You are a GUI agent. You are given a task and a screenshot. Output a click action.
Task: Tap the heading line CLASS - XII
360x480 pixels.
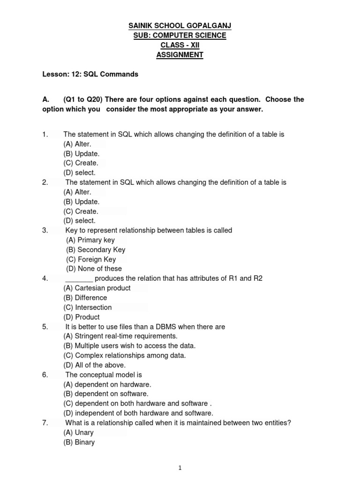[x=180, y=45]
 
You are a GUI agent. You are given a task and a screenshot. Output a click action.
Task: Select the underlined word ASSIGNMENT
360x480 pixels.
[x=180, y=55]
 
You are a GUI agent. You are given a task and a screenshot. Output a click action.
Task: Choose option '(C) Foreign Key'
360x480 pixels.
[x=91, y=259]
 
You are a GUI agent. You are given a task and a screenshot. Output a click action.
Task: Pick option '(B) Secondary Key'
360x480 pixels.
[x=96, y=250]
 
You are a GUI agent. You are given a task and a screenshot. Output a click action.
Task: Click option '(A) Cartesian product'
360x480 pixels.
[x=97, y=288]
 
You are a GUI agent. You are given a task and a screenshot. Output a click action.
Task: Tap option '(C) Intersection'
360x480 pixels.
[x=88, y=307]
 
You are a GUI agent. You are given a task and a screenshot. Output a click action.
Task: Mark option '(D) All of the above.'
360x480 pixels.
[x=95, y=365]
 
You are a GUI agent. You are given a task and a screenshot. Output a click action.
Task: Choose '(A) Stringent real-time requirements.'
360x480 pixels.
[x=120, y=336]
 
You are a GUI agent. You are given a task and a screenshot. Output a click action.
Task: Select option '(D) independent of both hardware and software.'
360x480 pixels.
[x=138, y=413]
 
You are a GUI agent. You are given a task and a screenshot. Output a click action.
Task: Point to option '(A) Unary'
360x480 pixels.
[x=79, y=432]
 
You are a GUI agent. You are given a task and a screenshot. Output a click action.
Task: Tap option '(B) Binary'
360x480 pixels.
[x=79, y=442]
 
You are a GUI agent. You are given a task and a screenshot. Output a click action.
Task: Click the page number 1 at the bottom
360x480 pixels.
[x=180, y=467]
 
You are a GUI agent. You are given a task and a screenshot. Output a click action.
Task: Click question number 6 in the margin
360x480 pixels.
[x=45, y=375]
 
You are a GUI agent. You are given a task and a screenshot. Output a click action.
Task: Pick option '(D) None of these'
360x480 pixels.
[x=94, y=269]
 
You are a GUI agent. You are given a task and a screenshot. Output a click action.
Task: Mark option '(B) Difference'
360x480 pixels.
[x=85, y=298]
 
